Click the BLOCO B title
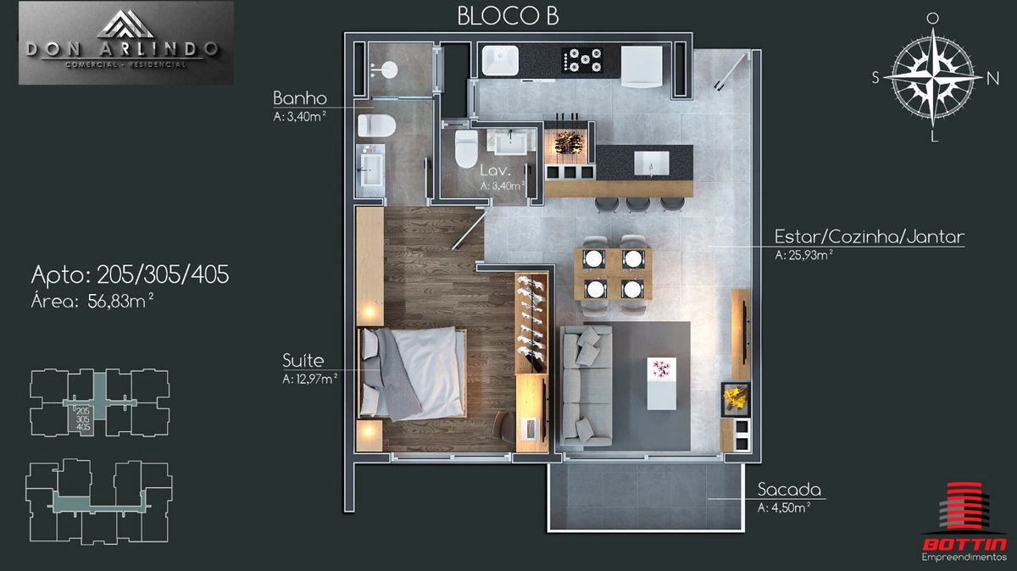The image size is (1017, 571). [x=508, y=16]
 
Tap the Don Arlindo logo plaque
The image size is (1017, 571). [x=125, y=42]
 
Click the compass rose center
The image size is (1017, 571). [x=932, y=78]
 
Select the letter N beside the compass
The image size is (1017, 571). [x=993, y=79]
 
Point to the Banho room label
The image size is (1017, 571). [x=300, y=98]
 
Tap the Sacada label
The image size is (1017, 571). [x=789, y=490]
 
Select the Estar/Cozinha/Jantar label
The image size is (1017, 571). [x=870, y=236]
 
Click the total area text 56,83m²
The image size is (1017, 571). [x=120, y=301]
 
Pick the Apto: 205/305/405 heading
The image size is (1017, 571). [x=130, y=274]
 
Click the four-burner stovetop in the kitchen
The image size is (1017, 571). [x=582, y=60]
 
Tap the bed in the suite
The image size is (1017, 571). [x=413, y=373]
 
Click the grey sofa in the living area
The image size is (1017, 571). [x=586, y=385]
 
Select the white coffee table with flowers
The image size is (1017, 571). [x=662, y=383]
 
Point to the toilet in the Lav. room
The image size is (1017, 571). [x=466, y=148]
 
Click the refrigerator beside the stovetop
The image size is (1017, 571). [x=642, y=67]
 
